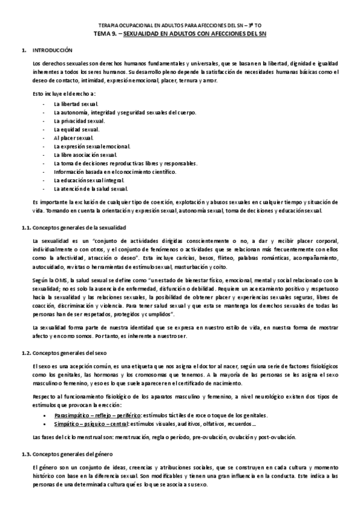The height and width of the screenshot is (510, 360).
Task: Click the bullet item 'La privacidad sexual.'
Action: tap(79, 121)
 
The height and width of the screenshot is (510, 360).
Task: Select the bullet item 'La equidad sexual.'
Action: tap(76, 129)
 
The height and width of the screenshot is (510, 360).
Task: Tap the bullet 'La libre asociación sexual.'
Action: tap(85, 155)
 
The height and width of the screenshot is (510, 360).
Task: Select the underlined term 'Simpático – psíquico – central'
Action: tap(90, 425)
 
